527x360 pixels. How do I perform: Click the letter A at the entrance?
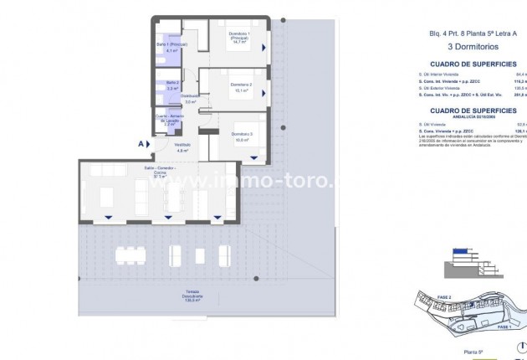click(x=141, y=144)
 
